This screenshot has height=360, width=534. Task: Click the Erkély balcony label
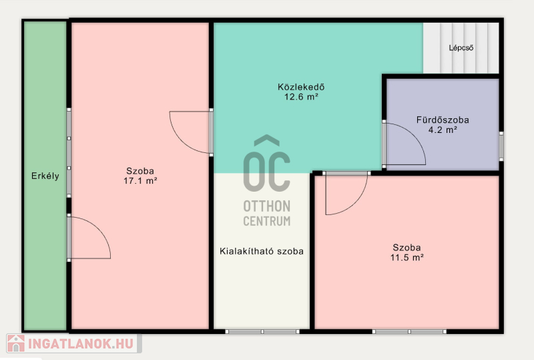pos(45,176)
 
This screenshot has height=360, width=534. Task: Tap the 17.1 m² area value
pos(140,181)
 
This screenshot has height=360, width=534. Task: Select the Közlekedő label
pos(301,87)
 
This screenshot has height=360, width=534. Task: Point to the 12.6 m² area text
pos(301,97)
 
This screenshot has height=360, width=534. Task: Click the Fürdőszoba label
pos(443,120)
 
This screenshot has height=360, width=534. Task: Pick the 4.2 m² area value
pos(443,130)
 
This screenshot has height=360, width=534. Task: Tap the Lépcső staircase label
pos(461,47)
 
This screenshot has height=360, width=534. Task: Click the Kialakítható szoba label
pos(262,251)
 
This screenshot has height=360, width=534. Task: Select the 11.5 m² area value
pos(407,257)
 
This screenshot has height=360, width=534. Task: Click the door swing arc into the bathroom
pos(414,136)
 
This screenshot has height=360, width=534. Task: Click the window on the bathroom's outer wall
pos(501,146)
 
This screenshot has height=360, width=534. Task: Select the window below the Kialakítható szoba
pos(262,331)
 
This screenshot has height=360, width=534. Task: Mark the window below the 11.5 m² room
pos(409,331)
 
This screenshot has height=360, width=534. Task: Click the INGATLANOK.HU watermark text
pos(81,343)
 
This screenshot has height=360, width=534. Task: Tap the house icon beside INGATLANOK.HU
pos(16,343)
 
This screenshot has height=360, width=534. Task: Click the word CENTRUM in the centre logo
pos(267,221)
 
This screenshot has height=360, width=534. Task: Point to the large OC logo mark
pos(266,163)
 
